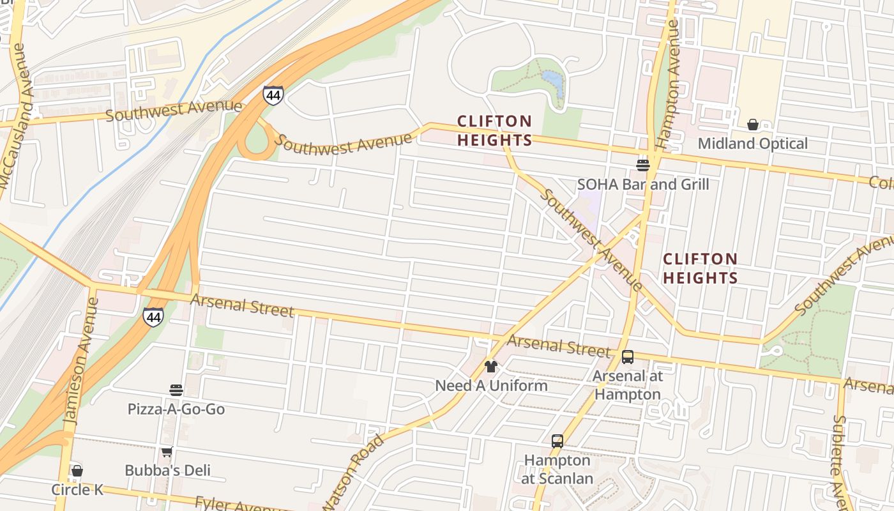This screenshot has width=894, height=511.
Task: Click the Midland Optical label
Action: [752, 144]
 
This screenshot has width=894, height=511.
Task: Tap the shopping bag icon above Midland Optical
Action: [753, 125]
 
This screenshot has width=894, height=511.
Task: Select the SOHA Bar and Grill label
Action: [643, 185]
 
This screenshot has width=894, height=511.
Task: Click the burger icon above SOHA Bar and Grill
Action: [643, 165]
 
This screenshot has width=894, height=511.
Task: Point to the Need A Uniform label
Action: [491, 386]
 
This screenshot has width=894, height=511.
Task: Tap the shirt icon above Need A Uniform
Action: [490, 367]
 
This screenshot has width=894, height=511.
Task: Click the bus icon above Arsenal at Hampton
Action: [628, 357]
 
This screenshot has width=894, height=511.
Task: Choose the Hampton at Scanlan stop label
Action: [557, 469]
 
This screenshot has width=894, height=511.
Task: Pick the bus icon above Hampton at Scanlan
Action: [557, 441]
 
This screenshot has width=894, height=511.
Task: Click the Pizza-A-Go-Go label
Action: [176, 409]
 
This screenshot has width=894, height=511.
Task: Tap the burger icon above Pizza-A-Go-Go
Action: [176, 390]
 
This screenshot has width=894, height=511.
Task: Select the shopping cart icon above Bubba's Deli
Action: [167, 452]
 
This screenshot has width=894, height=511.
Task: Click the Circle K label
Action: [77, 490]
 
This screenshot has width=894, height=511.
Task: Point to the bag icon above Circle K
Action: [77, 471]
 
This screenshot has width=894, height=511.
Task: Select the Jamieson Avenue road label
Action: [80, 361]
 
